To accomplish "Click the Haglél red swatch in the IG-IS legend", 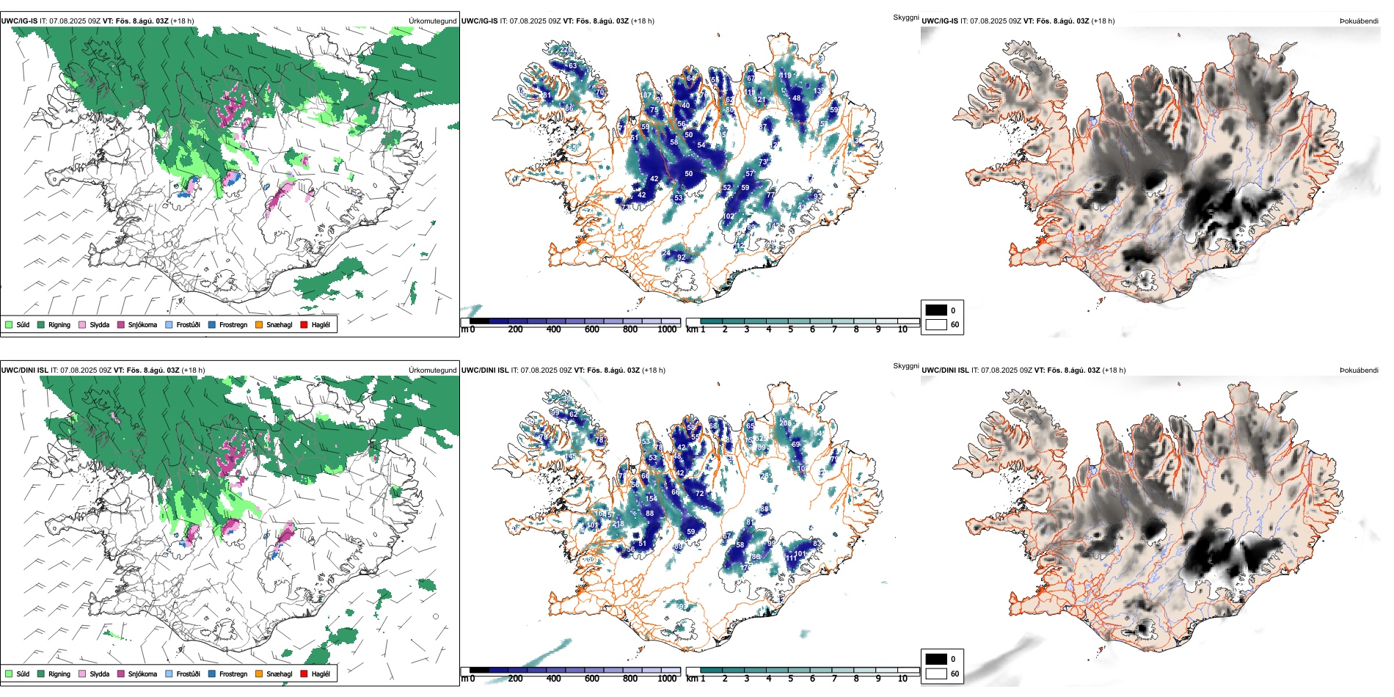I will pos(304,324).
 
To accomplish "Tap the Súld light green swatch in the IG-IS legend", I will pos(9,324).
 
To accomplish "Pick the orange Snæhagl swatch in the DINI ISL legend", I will pos(259,674).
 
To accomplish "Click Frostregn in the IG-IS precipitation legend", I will pos(233,324).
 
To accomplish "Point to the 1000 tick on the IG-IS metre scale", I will pos(667,329).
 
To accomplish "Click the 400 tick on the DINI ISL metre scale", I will pos(553,679).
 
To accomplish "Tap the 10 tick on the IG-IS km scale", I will pos(902,329).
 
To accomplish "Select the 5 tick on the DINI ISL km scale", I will pos(791,679).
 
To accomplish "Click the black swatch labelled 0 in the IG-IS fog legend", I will pos(936,310).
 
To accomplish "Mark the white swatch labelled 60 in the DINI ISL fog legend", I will pos(936,674).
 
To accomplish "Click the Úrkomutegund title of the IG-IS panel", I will pos(432,21).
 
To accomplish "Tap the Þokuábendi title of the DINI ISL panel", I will pos(1359,371).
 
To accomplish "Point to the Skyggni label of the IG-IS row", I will pos(905,17).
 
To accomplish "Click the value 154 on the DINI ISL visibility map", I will pos(651,499).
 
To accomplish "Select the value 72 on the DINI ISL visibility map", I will pos(699,494).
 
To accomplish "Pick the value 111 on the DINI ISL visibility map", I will pos(792,558).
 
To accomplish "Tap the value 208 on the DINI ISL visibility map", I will pos(785,423).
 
